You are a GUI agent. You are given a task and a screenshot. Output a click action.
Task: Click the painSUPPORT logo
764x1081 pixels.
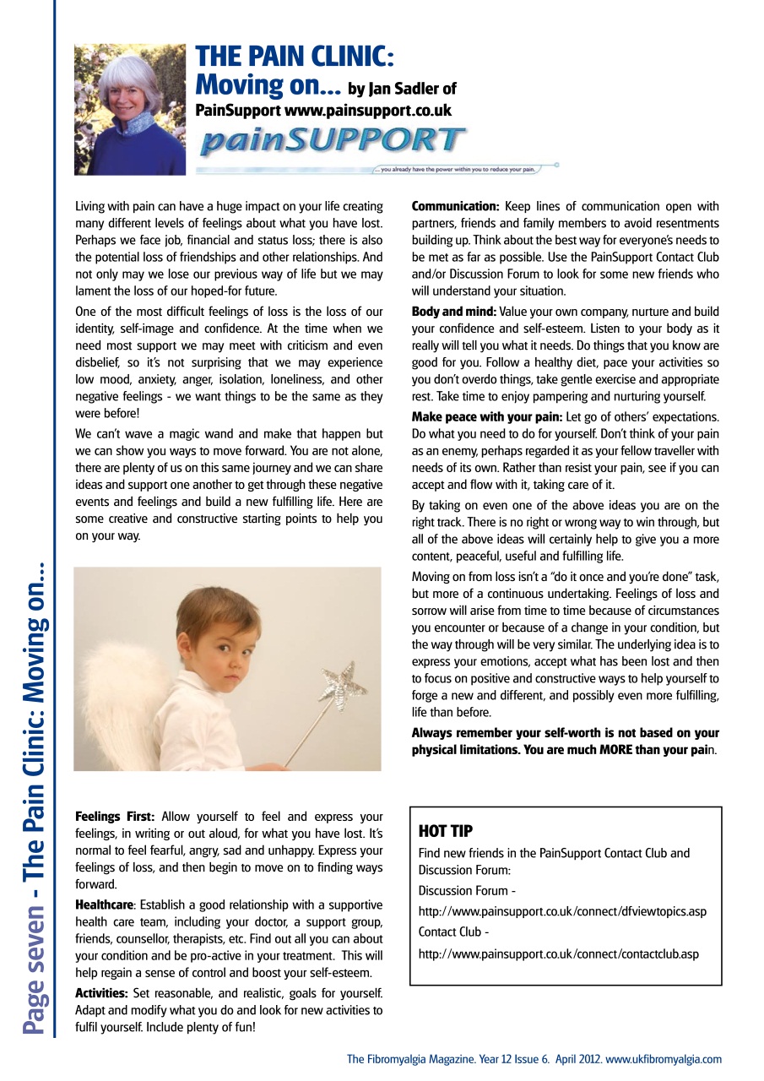click(332, 139)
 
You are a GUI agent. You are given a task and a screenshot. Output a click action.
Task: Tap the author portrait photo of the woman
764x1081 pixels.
click(130, 109)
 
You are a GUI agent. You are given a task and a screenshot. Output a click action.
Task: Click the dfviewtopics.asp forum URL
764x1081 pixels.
click(562, 911)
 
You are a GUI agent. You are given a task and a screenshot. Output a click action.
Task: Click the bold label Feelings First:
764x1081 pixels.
click(115, 817)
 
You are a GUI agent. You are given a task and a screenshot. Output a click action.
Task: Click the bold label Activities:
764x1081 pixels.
click(102, 992)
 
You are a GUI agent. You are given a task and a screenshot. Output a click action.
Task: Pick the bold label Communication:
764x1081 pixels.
click(455, 206)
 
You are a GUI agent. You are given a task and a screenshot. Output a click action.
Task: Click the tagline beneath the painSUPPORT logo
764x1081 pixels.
click(458, 169)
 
